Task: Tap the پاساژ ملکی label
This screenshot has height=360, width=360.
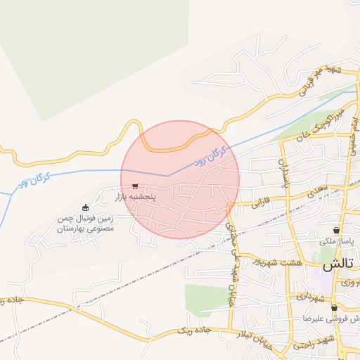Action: coord(339,241)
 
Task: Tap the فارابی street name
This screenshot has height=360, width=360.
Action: coord(259,204)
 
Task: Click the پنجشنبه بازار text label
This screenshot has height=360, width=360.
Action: coord(154,198)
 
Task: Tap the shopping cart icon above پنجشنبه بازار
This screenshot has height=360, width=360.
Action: coord(135,186)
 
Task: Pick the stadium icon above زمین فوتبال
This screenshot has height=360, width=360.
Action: coord(86,207)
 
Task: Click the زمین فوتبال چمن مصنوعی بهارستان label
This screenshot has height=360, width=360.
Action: coord(85,224)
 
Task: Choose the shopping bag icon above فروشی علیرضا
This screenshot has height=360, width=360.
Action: coord(334,307)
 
